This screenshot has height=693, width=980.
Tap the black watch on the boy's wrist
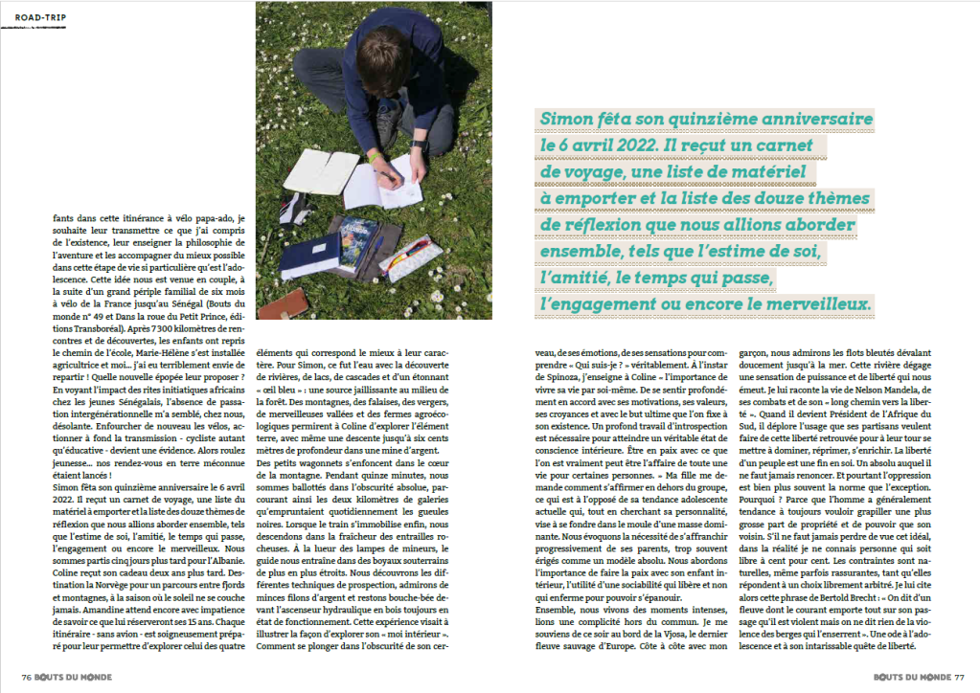coord(418,145)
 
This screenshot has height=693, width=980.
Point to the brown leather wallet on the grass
coord(286,302)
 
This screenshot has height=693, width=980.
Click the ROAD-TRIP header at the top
coord(41,16)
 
